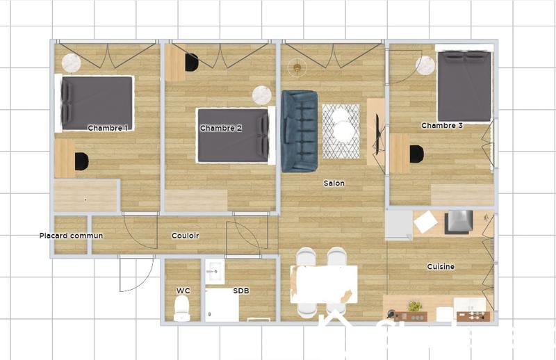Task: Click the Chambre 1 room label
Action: pos(108,128)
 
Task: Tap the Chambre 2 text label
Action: pos(220,128)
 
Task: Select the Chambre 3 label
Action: pos(442,126)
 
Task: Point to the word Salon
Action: pos(334,183)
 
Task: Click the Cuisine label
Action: pos(441,267)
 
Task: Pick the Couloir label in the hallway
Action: pos(186,236)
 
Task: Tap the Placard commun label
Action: pos(71,236)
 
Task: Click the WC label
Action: pos(182,290)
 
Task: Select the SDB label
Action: pos(241,290)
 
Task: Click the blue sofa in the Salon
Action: pos(300,131)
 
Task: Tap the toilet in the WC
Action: pos(182,308)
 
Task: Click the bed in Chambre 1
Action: pos(97,103)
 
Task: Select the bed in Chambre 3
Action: pos(464,86)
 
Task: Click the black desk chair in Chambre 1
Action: pos(81,161)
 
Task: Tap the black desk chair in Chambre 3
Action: pos(417,154)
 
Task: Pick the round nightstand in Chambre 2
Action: pos(262,95)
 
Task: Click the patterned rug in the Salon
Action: pos(341,131)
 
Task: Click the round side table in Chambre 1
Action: pos(71,63)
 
